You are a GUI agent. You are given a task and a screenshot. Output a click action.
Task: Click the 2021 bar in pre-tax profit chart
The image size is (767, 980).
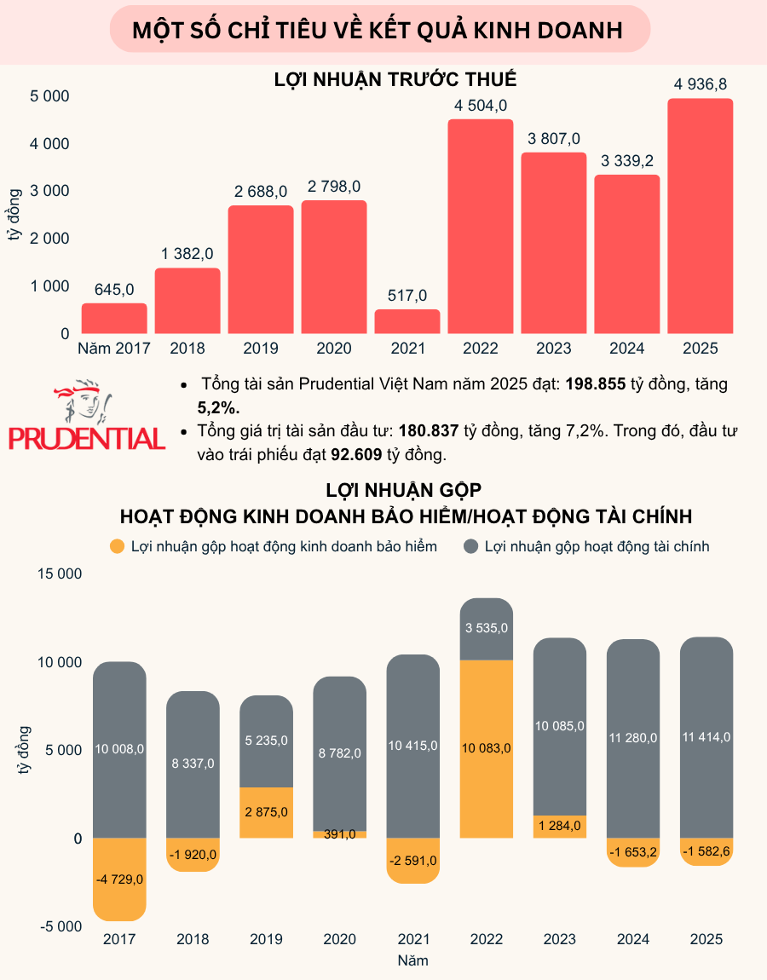[x=407, y=321]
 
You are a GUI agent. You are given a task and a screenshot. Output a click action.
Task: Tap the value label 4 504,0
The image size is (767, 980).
[x=481, y=106]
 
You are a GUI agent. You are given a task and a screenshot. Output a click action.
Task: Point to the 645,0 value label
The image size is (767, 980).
[x=114, y=290]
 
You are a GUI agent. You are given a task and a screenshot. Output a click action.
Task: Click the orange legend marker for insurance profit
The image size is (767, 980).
[x=118, y=546]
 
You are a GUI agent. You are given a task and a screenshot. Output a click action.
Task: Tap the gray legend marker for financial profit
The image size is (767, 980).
[x=471, y=546]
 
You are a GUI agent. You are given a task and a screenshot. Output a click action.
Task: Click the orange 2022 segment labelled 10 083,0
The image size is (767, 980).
[x=487, y=749]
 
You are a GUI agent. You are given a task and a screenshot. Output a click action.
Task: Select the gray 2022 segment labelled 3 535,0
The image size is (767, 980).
[x=487, y=629]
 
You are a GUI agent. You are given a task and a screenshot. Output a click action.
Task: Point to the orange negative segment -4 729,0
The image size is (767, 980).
[x=119, y=879]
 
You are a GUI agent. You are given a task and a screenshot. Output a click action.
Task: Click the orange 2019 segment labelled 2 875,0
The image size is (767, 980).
[x=267, y=812]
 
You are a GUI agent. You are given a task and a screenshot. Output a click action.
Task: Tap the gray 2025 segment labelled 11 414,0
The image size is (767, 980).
[x=706, y=737]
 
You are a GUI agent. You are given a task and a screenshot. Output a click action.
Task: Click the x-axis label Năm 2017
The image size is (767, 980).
[x=113, y=348]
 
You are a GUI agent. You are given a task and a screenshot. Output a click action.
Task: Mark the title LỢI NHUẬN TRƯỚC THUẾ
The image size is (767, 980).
[x=395, y=80]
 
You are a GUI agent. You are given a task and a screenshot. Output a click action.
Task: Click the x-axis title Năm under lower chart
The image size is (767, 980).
[x=412, y=960]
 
